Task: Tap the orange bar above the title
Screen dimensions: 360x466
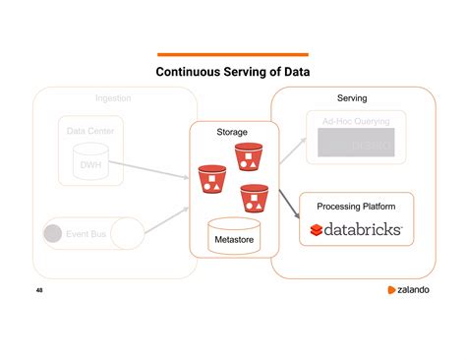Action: coord(233,54)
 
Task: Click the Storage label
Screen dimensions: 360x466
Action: coord(232,131)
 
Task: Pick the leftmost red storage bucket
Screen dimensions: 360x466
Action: coord(211,179)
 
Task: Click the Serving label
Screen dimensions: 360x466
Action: coord(352,99)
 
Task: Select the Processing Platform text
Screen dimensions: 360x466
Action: coord(356,207)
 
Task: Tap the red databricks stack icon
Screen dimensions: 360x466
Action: coord(317,230)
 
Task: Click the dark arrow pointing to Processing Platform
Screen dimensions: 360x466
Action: coord(289,201)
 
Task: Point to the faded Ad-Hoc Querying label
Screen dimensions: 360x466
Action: coord(356,121)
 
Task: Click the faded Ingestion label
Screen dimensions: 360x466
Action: coord(113,98)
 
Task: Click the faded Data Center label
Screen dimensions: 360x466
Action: coord(89,131)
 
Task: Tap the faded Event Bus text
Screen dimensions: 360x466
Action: coord(86,235)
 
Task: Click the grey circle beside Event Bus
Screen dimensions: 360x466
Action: coord(53,234)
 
